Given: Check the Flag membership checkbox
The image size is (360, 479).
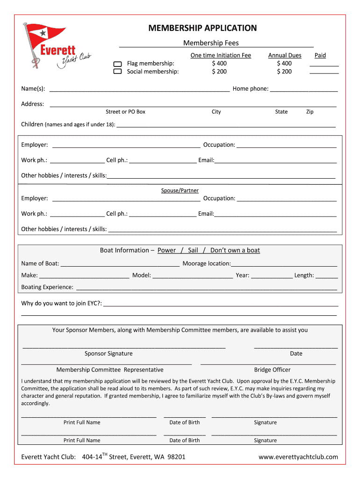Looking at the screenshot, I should coord(117,64).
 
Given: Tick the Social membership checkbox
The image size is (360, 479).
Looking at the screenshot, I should coord(117,72).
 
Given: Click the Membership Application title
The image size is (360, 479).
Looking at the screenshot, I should coord(202,28).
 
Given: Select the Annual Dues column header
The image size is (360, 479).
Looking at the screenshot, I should coord(284,55).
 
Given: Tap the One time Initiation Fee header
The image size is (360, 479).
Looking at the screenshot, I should coord(221,55).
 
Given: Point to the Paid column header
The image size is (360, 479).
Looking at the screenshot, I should coord(320,55).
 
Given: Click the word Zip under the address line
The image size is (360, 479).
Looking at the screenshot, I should coord(310,112).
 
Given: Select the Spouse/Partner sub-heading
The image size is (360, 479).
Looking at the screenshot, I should coord(180,190).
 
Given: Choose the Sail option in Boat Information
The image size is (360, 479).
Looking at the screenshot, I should coord(193,250).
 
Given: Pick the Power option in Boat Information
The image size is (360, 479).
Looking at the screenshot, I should coord(166,250).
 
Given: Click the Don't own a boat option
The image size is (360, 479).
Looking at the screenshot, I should coord(235,250).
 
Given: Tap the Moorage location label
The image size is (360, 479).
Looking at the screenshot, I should coord(206,264).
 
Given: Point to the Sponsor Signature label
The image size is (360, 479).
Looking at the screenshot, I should coord(108,354).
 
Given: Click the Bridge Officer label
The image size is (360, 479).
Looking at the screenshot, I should coord(272,370).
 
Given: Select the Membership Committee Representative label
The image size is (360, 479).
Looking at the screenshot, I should coord(110,370).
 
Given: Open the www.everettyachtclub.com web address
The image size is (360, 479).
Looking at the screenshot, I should coord(298,457).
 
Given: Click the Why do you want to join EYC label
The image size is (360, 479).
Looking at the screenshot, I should coord(61,303).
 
